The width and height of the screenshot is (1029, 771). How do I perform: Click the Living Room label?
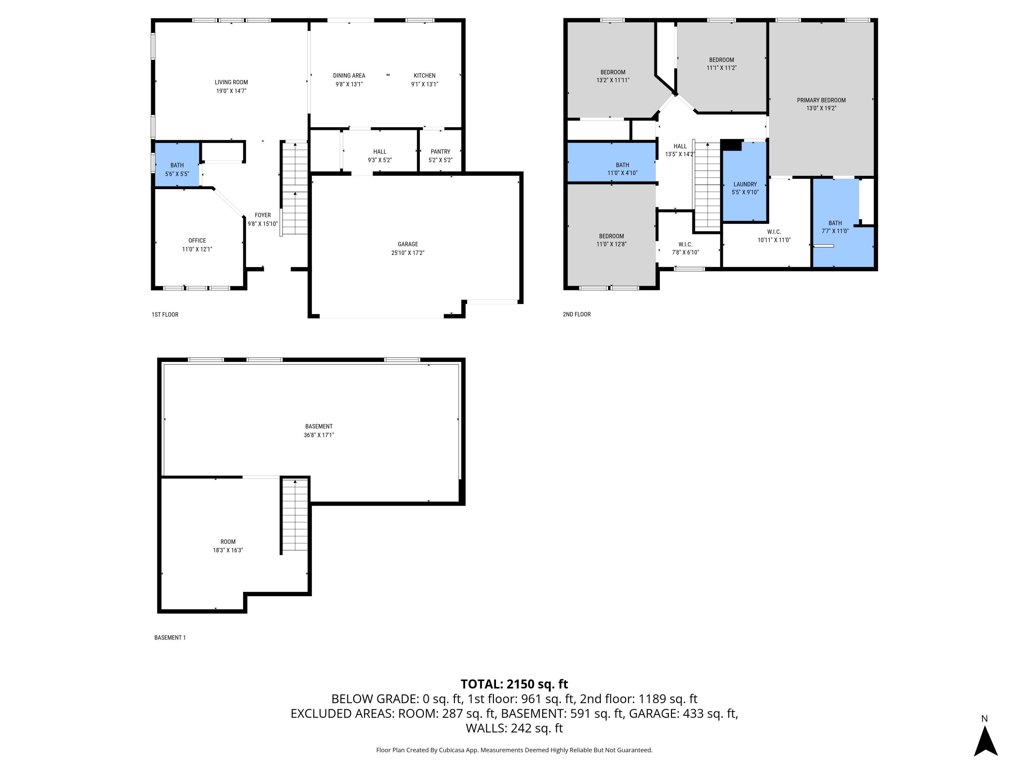(x=231, y=82)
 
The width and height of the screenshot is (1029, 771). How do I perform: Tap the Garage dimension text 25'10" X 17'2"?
(x=408, y=253)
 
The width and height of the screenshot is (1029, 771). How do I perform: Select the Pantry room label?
(x=440, y=151)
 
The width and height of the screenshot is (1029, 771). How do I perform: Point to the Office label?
(x=197, y=240)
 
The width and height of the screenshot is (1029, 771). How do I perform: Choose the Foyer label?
(x=263, y=215)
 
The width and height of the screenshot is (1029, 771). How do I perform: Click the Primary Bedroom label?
(x=821, y=100)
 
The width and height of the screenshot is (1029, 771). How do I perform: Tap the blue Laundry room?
(x=745, y=181)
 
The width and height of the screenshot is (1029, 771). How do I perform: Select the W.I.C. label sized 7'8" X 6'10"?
(x=685, y=244)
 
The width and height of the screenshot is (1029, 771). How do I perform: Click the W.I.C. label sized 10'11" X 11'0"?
(x=774, y=232)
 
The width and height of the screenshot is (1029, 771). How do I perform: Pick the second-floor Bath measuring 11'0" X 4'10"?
(x=612, y=162)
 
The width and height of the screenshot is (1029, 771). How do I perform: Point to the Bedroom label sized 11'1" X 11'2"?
(x=722, y=60)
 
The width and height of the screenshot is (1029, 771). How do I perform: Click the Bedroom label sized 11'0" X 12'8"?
(x=612, y=236)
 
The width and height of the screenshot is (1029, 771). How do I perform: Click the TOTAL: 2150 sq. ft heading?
(x=514, y=684)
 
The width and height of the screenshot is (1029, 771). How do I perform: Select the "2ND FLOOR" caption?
(x=577, y=314)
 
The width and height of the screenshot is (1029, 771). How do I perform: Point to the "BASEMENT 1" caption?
(x=170, y=638)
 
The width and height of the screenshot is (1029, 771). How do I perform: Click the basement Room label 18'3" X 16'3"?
(x=228, y=541)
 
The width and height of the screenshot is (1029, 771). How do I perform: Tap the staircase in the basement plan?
(x=295, y=515)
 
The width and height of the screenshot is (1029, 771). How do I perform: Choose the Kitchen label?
(x=425, y=75)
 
